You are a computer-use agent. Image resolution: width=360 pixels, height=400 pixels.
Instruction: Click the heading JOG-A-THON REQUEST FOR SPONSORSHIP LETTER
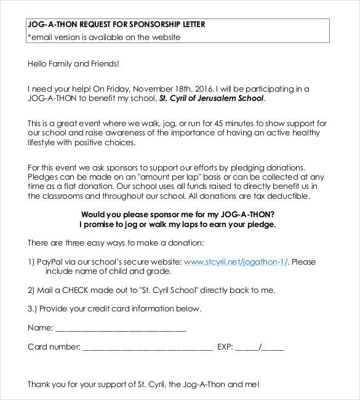116,25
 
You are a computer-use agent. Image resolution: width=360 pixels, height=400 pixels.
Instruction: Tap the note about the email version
104,37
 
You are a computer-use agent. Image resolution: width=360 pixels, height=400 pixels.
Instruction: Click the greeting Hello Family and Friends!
73,63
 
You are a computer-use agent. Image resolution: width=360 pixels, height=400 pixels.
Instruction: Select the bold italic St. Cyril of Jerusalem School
212,98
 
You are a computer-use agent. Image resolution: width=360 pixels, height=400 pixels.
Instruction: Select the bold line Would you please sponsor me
178,215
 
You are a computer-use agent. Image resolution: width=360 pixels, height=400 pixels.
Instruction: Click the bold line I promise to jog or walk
178,225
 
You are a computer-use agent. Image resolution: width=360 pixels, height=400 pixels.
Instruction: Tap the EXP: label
225,347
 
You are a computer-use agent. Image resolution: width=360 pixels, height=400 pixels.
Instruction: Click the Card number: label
54,347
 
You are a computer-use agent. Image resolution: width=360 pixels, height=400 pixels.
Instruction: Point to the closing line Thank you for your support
143,384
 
